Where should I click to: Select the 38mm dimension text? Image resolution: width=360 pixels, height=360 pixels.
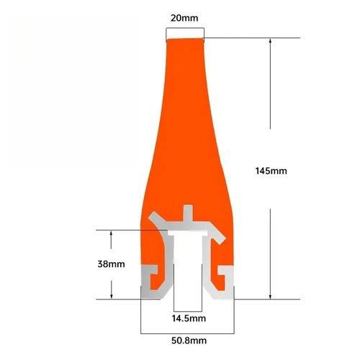tap(111, 264)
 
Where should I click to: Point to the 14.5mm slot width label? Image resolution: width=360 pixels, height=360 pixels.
tap(187, 318)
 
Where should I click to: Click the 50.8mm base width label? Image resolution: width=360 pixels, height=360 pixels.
tap(187, 341)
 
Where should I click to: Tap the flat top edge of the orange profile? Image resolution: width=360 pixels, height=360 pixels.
tap(185, 40)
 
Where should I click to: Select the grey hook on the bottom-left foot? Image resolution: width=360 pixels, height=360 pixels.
tap(154, 277)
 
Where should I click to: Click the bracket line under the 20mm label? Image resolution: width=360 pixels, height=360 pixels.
tap(185, 29)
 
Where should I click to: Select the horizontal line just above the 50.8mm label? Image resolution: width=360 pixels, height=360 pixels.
tap(187, 333)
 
